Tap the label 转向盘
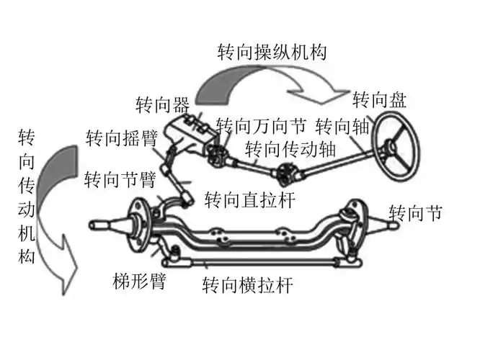(380, 99)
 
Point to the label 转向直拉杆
(249, 199)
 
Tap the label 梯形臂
(138, 281)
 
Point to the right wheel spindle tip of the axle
(393, 222)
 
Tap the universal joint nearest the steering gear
(217, 153)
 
